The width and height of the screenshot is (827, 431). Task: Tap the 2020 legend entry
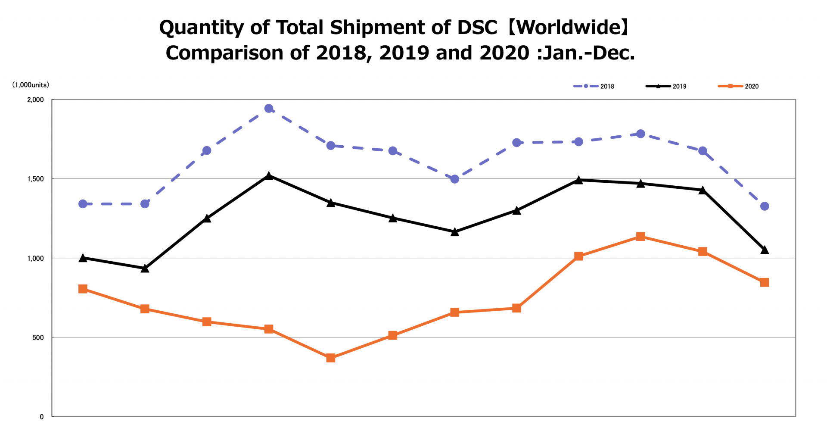coord(738,86)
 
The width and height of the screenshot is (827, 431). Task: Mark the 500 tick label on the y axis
coord(38,337)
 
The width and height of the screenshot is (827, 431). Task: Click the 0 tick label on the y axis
coord(42,417)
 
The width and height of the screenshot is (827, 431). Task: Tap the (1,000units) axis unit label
coord(31,85)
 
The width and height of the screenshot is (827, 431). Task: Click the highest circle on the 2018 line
coord(269,109)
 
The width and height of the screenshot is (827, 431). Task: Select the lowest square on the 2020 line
coord(331,358)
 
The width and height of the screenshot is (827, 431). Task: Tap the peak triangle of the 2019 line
coord(269,176)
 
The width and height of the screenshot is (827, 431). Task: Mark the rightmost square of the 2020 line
coord(765,282)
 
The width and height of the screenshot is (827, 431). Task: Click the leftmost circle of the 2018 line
coord(83,204)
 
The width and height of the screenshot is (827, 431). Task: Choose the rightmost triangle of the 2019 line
coord(765,250)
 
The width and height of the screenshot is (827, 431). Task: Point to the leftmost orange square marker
coord(83,289)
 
